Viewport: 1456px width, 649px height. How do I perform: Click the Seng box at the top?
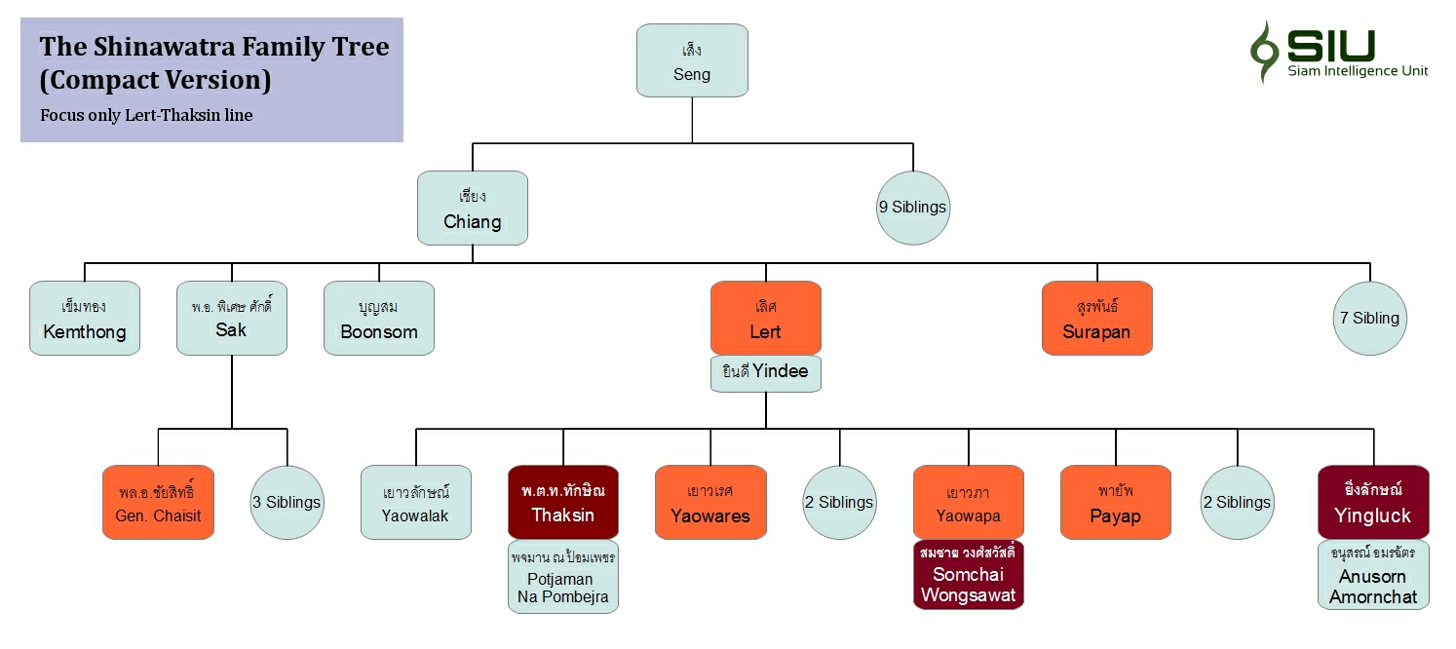point(692,60)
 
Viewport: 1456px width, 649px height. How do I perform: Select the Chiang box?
point(473,208)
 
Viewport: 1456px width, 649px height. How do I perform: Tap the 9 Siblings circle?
point(912,208)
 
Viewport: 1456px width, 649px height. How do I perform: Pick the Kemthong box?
point(85,319)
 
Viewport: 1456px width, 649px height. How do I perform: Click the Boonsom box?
point(379,319)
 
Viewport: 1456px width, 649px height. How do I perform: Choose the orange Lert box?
point(765,319)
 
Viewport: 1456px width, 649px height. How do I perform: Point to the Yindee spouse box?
point(765,373)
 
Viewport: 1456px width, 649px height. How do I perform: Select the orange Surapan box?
point(1096,319)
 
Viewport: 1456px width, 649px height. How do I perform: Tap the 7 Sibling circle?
point(1370,318)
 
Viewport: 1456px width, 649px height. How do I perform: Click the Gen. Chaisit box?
point(158,503)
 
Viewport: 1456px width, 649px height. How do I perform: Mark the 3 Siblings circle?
point(287,503)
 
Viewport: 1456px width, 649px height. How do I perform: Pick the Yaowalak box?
point(416,503)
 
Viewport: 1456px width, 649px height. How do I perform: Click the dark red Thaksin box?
point(562,503)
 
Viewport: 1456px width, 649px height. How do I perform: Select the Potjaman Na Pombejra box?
point(562,576)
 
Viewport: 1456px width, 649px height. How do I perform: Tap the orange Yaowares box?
point(710,503)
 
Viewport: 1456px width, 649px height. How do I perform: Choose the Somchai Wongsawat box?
point(968,575)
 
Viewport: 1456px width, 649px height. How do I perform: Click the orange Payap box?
point(1115,503)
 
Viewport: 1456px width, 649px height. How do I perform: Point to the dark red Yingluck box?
point(1372,503)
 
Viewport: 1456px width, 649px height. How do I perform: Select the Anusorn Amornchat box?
point(1372,575)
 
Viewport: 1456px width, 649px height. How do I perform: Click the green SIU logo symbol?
point(1264,51)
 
